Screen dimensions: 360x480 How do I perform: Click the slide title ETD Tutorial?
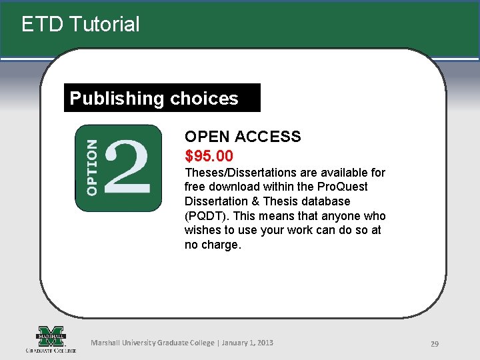[x=81, y=25]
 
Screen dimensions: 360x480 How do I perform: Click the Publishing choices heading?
[x=154, y=99]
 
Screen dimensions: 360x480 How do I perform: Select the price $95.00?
[x=209, y=156]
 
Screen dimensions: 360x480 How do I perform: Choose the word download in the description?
[x=231, y=187]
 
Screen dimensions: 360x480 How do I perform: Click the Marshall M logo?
[x=51, y=337]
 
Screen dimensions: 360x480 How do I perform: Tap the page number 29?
[x=434, y=344]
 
